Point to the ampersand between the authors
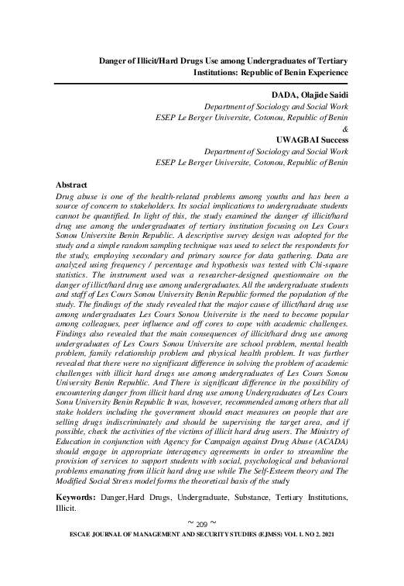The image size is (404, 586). pyautogui.click(x=344, y=129)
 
